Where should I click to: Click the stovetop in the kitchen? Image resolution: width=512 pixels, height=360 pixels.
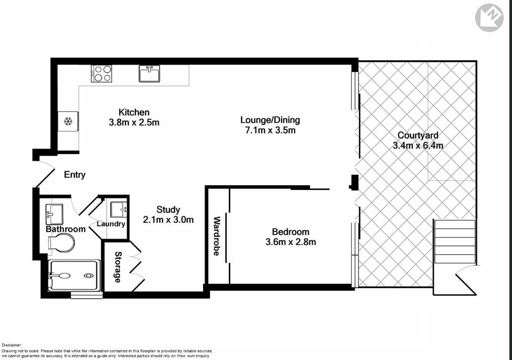pyautogui.click(x=102, y=74)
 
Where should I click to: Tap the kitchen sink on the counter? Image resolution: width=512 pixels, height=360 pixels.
pyautogui.click(x=149, y=74)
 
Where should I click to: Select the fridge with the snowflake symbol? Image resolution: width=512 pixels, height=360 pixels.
pyautogui.click(x=68, y=122)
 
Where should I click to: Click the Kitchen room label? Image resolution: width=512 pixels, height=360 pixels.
pyautogui.click(x=134, y=112)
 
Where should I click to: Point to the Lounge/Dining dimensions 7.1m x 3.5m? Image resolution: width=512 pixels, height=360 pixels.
pyautogui.click(x=270, y=130)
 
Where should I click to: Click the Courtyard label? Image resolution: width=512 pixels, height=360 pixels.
pyautogui.click(x=418, y=136)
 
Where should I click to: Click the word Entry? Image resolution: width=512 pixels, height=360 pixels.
pyautogui.click(x=75, y=175)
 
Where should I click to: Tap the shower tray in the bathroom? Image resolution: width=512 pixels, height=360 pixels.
pyautogui.click(x=73, y=276)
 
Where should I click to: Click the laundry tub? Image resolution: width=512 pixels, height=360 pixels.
pyautogui.click(x=118, y=208)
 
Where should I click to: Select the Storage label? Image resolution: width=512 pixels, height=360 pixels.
pyautogui.click(x=118, y=267)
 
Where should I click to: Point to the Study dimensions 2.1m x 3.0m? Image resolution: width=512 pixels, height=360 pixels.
pyautogui.click(x=168, y=220)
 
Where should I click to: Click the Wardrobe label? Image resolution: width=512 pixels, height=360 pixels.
pyautogui.click(x=217, y=236)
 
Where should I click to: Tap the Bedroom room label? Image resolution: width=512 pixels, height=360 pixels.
pyautogui.click(x=291, y=231)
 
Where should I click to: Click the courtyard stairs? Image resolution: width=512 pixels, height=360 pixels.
pyautogui.click(x=455, y=241)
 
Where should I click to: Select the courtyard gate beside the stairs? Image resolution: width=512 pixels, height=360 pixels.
pyautogui.click(x=466, y=278)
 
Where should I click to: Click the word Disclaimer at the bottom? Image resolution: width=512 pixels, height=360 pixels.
pyautogui.click(x=12, y=345)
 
